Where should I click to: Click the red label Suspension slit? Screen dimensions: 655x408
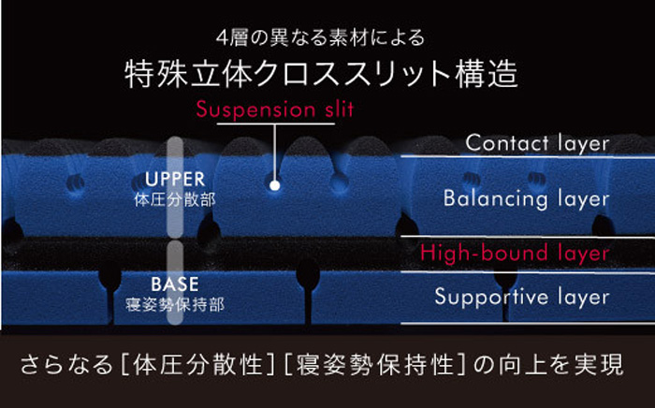275,109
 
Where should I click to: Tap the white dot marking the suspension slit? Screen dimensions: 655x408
274,185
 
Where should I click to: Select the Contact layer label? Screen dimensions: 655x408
538,144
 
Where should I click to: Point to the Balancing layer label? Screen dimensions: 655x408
526,198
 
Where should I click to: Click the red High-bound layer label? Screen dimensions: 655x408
515,253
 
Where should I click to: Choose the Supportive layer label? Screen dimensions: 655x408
522,297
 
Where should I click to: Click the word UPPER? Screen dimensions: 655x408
175,179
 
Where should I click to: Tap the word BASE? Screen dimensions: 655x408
175,284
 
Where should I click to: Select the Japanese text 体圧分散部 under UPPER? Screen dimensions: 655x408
175,200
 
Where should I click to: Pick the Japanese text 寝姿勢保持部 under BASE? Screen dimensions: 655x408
175,305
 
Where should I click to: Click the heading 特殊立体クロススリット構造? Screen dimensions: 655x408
321,74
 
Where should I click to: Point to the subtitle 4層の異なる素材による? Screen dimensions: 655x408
320,38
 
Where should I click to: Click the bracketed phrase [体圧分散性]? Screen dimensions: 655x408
197,365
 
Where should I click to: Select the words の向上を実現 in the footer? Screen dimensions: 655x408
548,365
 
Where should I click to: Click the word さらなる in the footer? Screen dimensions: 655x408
66,365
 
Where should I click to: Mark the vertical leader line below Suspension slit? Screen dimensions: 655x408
274,153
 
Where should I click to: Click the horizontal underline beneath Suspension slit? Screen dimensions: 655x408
276,124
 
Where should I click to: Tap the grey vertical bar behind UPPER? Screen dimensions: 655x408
175,187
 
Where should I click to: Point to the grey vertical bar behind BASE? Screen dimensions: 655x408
175,283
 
